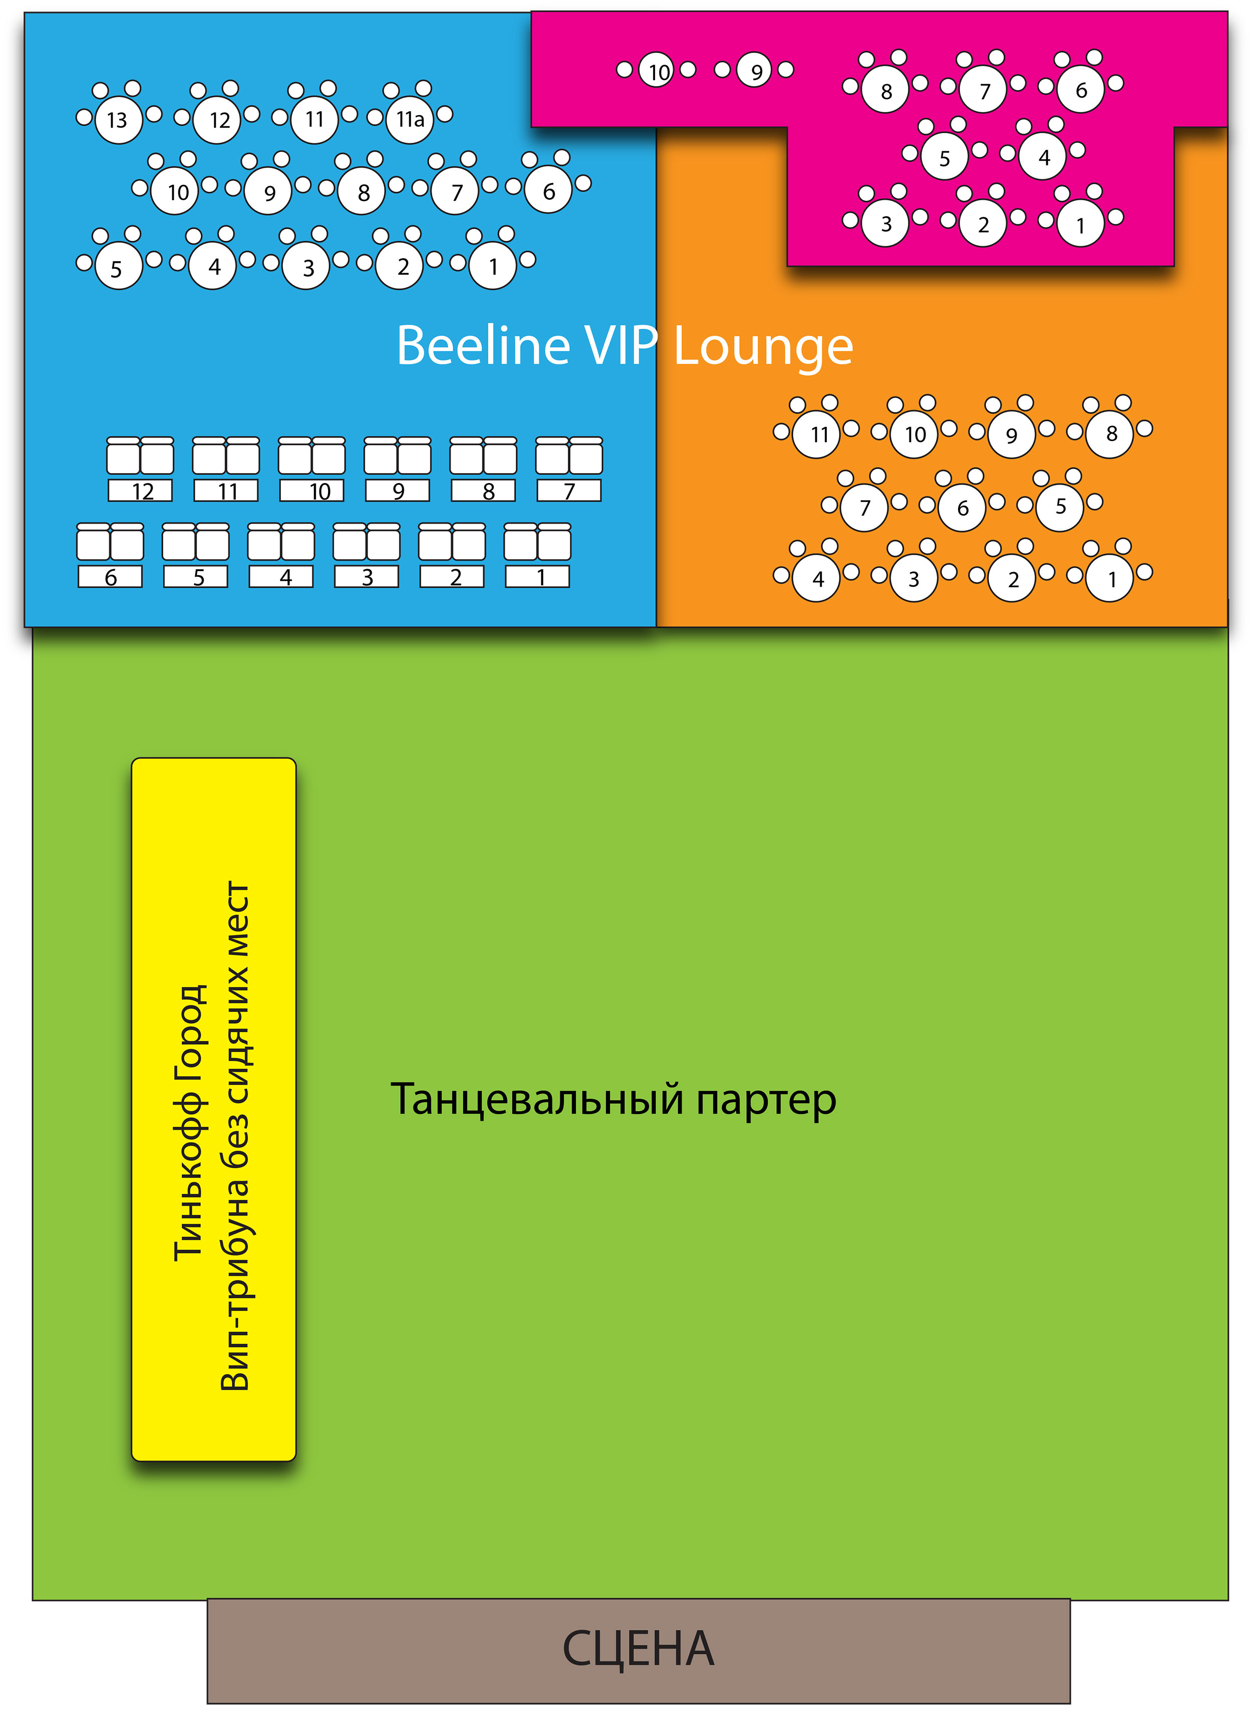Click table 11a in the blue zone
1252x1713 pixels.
pos(410,120)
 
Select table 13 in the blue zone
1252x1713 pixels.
pos(118,120)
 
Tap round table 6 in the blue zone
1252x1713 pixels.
pos(549,191)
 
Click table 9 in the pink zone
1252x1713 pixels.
pos(755,71)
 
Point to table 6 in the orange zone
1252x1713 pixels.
pos(963,508)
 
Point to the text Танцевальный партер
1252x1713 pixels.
pos(613,1099)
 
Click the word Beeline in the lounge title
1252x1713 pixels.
pos(483,345)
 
